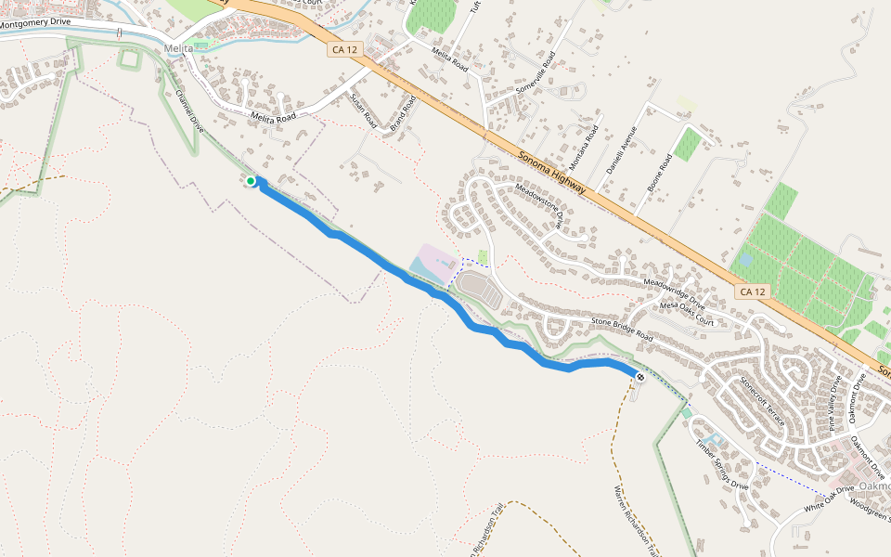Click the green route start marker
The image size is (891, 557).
pyautogui.click(x=251, y=180)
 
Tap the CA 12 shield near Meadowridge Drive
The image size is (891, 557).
pyautogui.click(x=754, y=291)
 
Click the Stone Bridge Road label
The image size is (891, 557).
pyautogui.click(x=622, y=330)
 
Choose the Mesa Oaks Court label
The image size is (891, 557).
pyautogui.click(x=687, y=314)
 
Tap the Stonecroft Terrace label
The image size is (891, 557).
pyautogui.click(x=762, y=401)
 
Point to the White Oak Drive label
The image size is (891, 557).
pyautogui.click(x=828, y=498)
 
